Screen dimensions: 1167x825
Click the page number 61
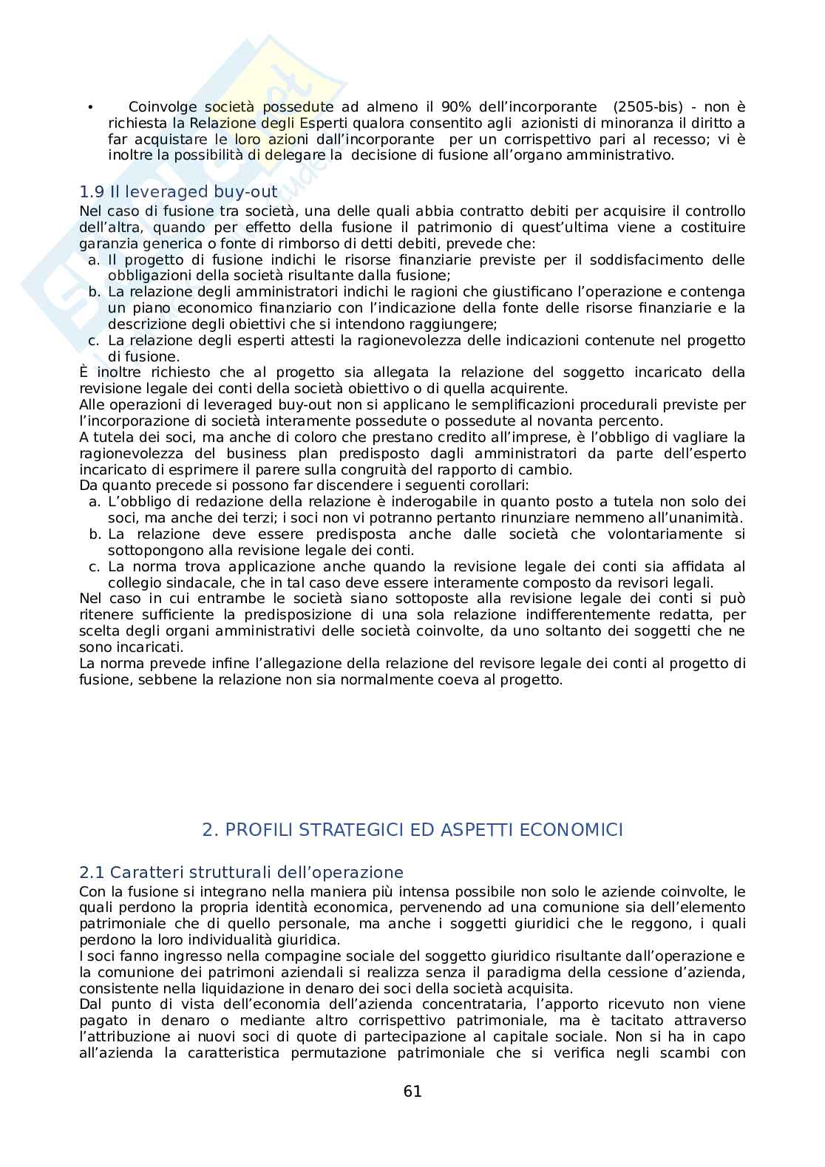point(412,1092)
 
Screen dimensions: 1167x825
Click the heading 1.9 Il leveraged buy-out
point(178,192)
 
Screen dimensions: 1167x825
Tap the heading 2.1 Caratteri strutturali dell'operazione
point(241,872)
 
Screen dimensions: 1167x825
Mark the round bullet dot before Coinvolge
point(90,108)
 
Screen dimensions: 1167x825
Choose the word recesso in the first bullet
point(685,140)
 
